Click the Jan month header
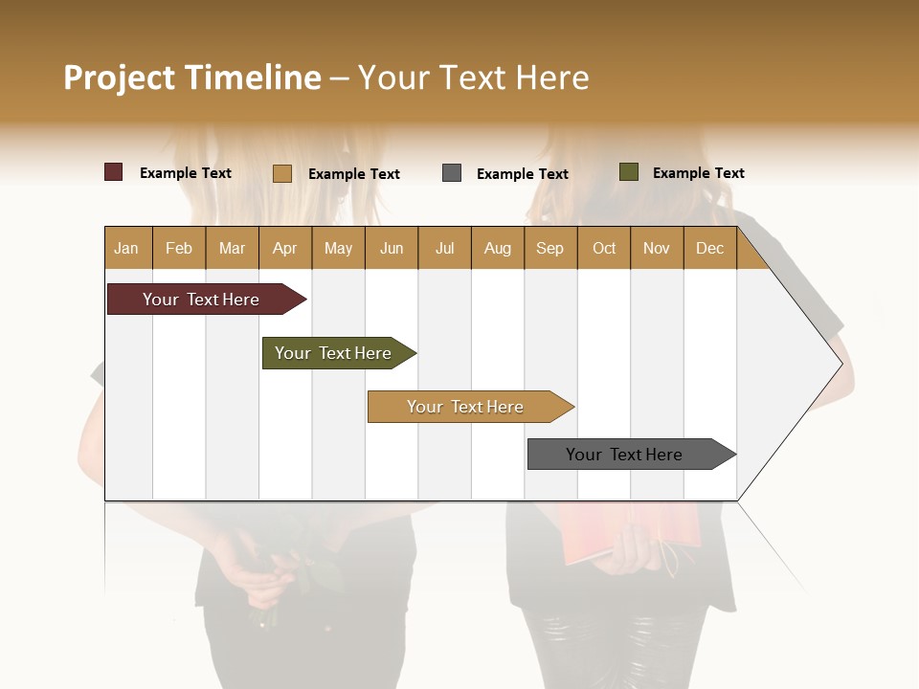(127, 248)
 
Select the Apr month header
(285, 248)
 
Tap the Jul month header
(444, 248)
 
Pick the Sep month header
(550, 248)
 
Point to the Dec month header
(709, 248)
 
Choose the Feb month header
(179, 248)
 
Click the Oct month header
(604, 248)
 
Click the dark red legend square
(113, 172)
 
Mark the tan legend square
(282, 173)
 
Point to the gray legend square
(452, 173)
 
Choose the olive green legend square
(628, 172)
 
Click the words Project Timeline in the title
(191, 78)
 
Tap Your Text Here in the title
(473, 78)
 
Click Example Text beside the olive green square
(698, 173)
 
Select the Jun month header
(392, 248)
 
